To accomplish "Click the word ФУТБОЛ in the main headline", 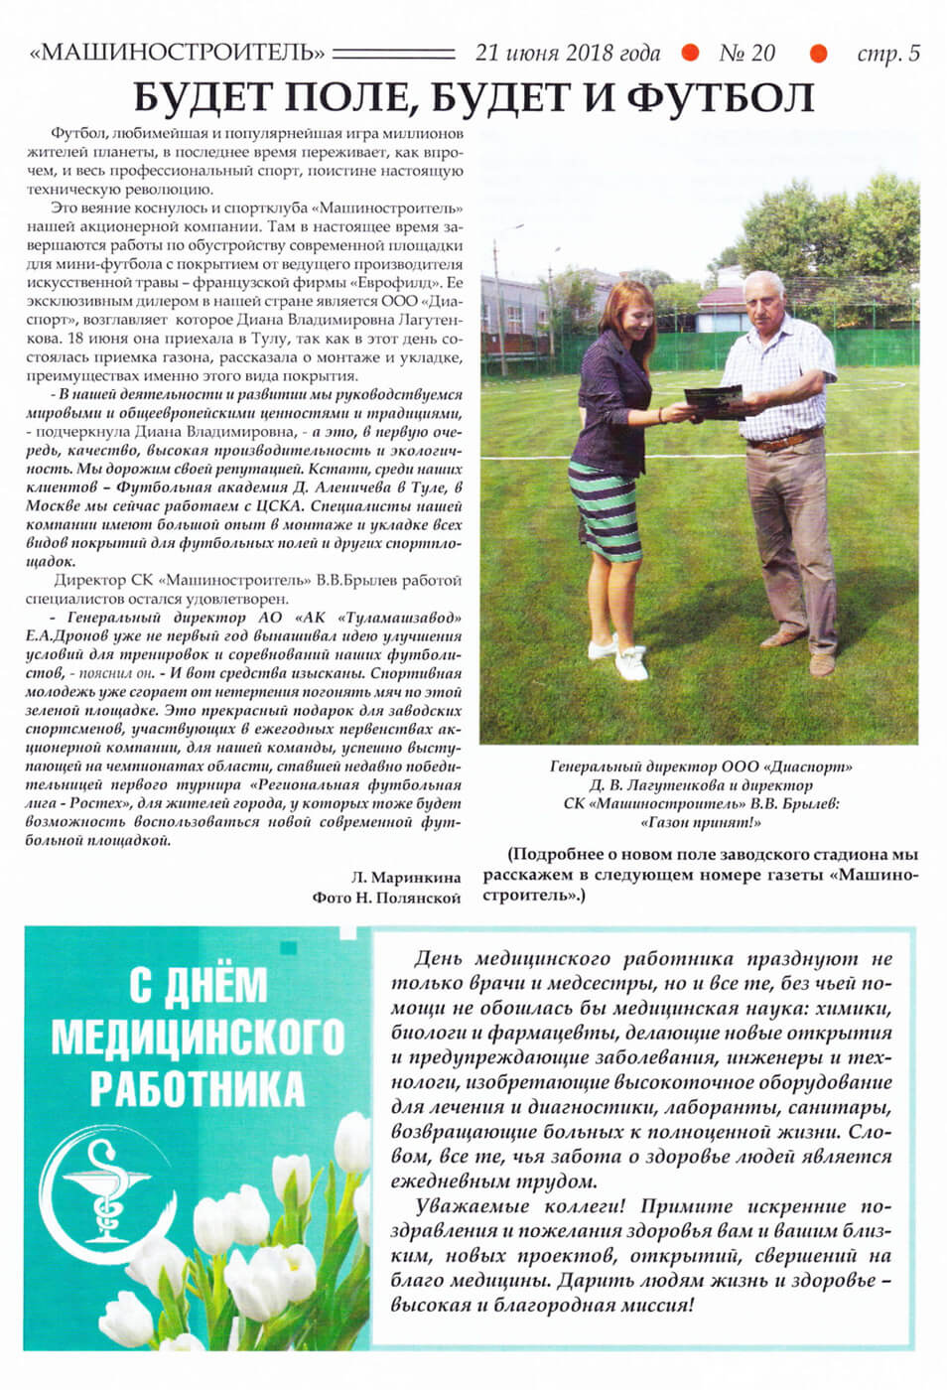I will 720,97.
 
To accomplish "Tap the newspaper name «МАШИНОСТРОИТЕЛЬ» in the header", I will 178,53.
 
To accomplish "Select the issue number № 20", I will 746,53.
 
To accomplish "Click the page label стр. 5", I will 887,54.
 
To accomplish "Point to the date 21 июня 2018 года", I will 567,53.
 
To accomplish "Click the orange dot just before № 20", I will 690,53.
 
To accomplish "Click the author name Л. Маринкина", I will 406,878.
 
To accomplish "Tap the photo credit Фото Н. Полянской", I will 386,898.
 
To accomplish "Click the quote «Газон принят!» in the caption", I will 701,822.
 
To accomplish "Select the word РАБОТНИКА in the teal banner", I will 198,1086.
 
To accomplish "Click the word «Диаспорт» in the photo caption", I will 808,766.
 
